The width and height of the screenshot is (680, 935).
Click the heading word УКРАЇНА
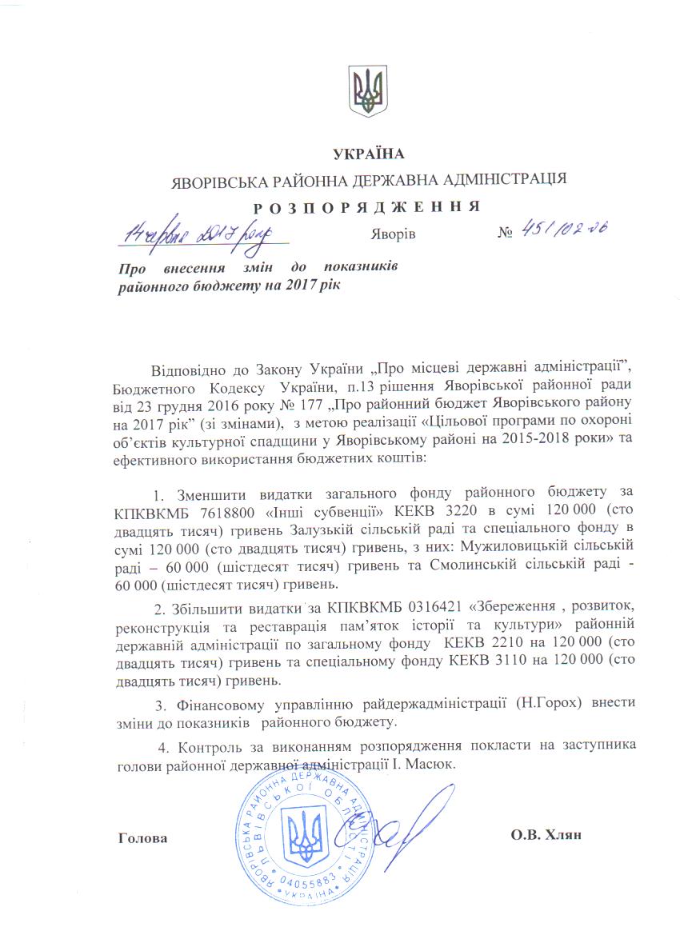pyautogui.click(x=370, y=154)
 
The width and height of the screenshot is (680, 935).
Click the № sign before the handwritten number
pyautogui.click(x=505, y=235)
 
